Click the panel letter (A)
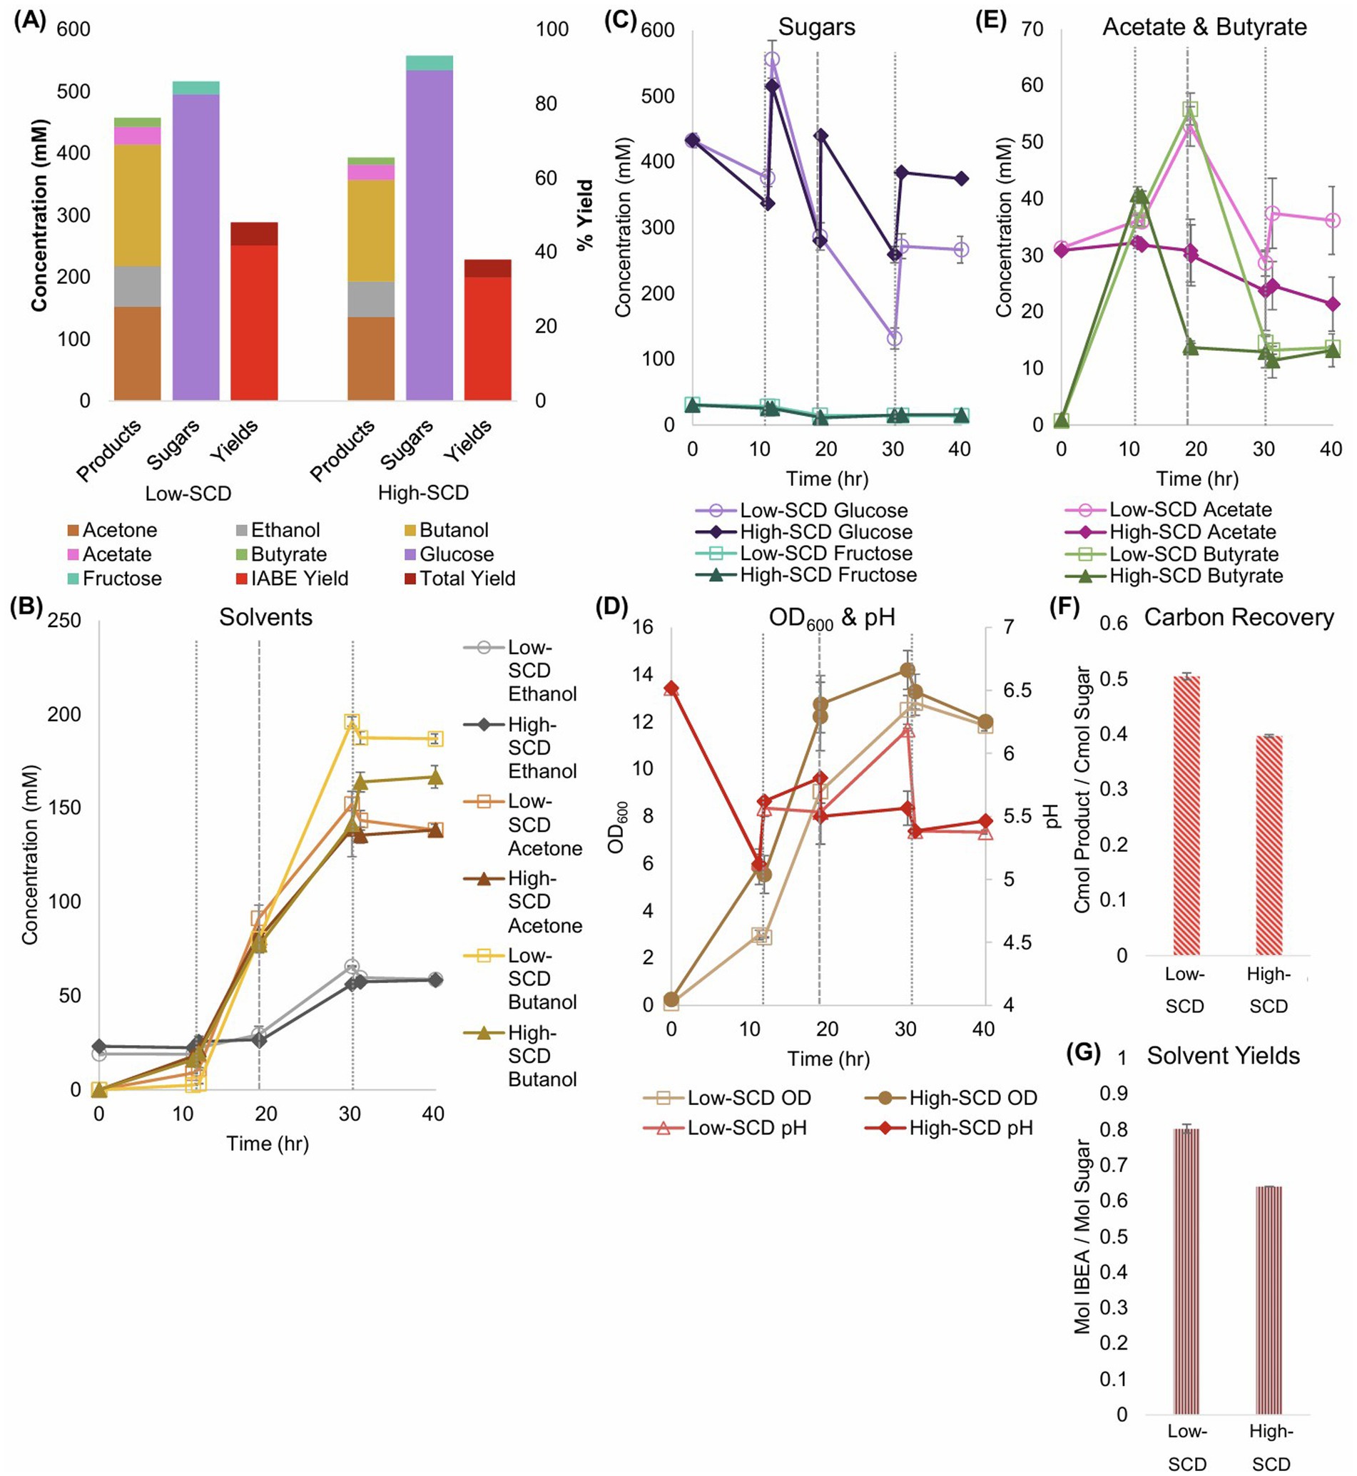(30, 20)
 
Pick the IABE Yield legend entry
(292, 579)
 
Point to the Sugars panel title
(816, 27)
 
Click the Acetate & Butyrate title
(1204, 27)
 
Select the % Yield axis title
(585, 215)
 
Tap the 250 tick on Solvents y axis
(65, 621)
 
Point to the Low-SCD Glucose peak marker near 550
(772, 59)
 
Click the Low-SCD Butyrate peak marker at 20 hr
(1189, 109)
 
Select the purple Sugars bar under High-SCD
(429, 235)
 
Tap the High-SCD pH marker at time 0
(671, 689)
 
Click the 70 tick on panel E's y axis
(1032, 29)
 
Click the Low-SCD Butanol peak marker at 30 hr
(352, 722)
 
